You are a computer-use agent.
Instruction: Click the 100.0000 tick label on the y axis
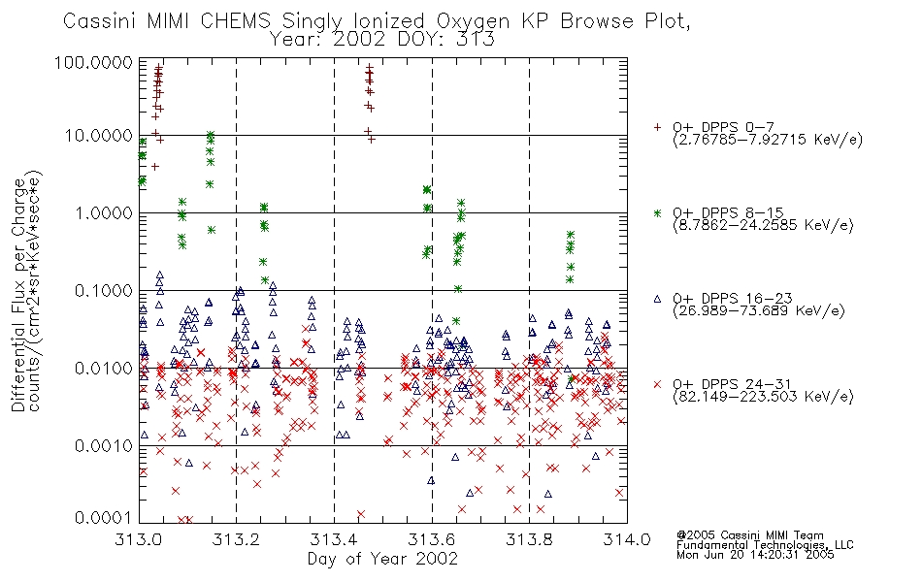[93, 62]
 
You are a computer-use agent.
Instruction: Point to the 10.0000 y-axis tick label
[98, 136]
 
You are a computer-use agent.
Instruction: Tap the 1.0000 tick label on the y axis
[104, 212]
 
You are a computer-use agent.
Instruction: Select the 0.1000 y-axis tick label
[104, 290]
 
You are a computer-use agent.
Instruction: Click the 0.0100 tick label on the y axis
[104, 368]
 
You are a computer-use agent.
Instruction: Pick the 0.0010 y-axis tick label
[104, 445]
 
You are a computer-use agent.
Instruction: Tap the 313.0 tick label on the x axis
[139, 539]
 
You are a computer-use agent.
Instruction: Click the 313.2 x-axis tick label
[237, 539]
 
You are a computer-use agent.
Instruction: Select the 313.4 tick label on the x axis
[334, 539]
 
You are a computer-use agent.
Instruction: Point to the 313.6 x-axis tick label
[432, 539]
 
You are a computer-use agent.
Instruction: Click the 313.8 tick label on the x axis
[529, 539]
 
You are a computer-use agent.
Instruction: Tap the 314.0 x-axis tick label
[627, 539]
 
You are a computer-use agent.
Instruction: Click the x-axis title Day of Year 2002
[382, 559]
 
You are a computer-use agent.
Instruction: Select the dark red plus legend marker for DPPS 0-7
[657, 127]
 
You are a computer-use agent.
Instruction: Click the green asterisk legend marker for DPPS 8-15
[657, 212]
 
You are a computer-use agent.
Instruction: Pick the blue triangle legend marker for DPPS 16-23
[657, 299]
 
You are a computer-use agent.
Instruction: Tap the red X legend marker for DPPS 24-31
[657, 384]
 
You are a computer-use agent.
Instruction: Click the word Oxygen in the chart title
[473, 21]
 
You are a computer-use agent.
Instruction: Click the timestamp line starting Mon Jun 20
[755, 555]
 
